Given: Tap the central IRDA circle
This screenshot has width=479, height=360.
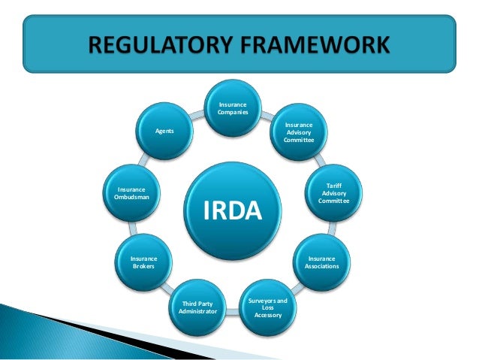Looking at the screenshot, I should (x=233, y=211).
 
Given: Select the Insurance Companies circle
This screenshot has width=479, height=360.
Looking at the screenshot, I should (x=233, y=108).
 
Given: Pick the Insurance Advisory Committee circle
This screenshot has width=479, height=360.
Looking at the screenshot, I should (x=299, y=132).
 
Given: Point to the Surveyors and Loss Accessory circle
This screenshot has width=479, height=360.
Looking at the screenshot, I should (x=268, y=307).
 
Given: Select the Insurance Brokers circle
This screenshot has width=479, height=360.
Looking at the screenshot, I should (x=143, y=262).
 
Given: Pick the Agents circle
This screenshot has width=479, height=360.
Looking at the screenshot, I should (x=164, y=131).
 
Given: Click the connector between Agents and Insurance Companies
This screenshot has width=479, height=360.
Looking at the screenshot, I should (x=198, y=115).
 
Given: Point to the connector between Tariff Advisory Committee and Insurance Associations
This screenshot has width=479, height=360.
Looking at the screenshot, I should (x=330, y=228).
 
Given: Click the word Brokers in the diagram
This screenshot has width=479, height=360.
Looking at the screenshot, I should (x=143, y=266).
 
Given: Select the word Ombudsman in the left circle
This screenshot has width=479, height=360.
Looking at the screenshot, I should (x=132, y=197).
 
